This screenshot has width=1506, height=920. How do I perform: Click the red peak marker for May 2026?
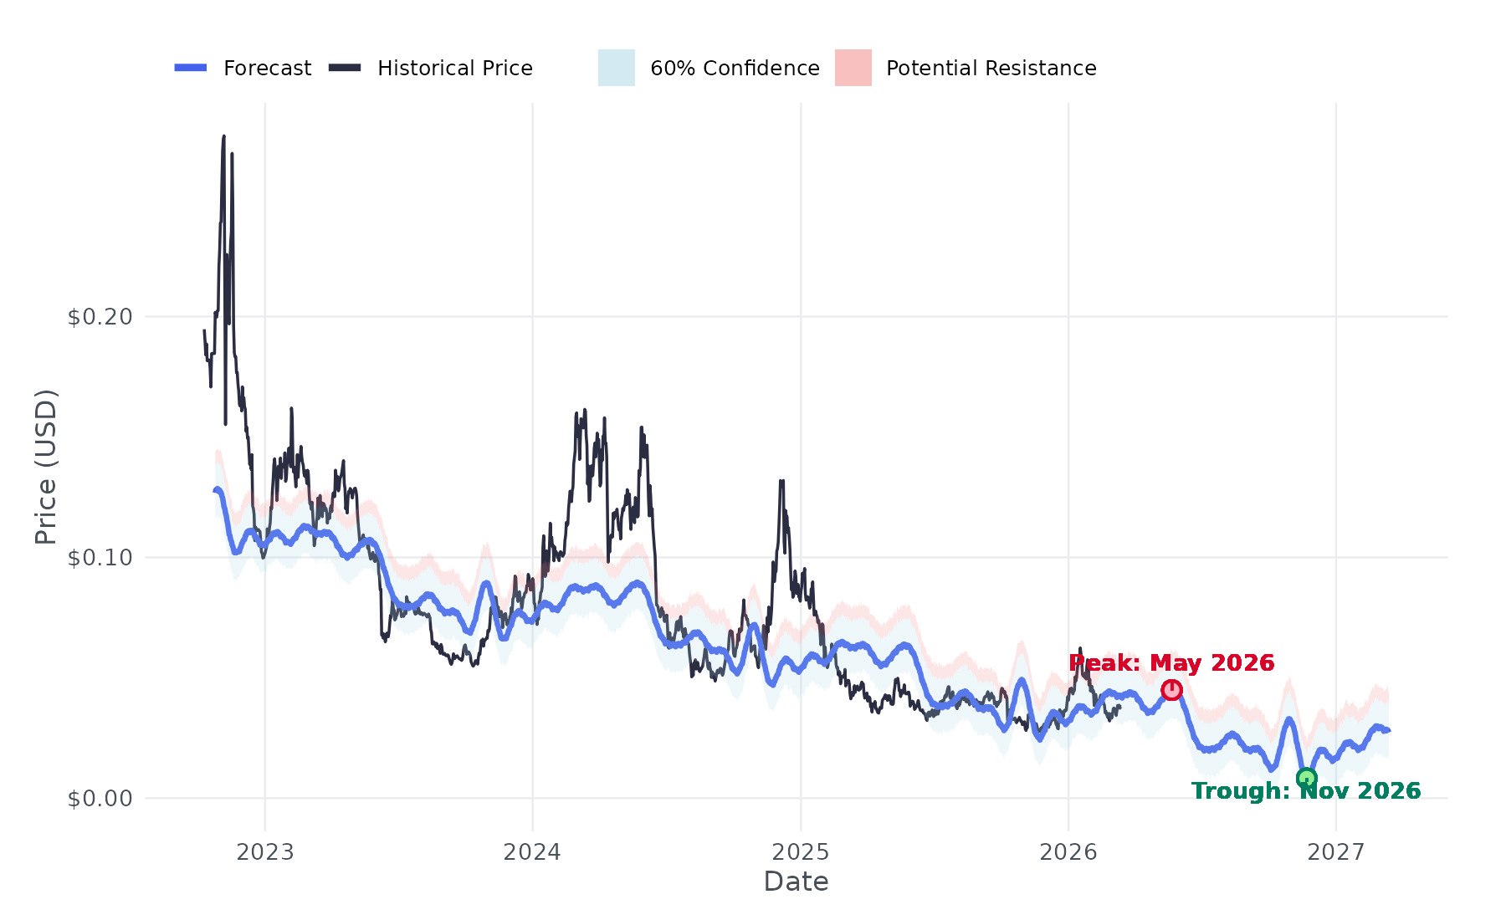(1171, 690)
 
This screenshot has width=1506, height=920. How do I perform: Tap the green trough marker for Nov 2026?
(1306, 779)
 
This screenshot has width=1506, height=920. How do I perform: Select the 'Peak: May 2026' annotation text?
(1171, 663)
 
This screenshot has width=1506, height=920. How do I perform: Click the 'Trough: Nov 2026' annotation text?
(1305, 791)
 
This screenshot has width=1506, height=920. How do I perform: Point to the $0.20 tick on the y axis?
(100, 317)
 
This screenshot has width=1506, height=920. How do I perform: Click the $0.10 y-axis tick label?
(100, 558)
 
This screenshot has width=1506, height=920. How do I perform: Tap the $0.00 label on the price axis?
(100, 799)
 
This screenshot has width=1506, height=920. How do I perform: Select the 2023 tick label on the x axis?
(265, 852)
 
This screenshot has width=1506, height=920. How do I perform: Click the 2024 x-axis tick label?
(532, 852)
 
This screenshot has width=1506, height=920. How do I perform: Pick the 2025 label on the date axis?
(801, 852)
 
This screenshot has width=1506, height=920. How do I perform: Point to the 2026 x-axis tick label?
(1068, 852)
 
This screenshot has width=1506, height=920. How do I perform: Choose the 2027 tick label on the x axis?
(1336, 852)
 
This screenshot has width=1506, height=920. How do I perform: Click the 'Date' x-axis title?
(796, 882)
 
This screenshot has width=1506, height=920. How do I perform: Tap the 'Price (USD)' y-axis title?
(46, 467)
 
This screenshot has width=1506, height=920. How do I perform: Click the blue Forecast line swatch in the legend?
(191, 68)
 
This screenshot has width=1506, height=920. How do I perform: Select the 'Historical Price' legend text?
(454, 68)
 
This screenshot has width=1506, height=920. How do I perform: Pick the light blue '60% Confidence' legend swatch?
(617, 68)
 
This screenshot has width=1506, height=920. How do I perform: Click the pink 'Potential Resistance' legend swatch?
(853, 68)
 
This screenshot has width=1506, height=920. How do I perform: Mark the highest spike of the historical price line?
(223, 136)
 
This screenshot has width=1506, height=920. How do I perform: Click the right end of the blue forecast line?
(1388, 730)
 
